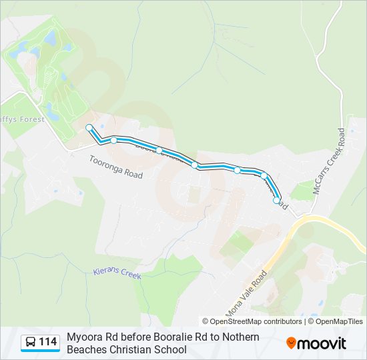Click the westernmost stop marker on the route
(89, 127)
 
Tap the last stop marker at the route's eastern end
(277, 199)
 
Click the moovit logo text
(322, 343)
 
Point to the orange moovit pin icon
(291, 343)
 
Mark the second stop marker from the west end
(114, 140)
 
